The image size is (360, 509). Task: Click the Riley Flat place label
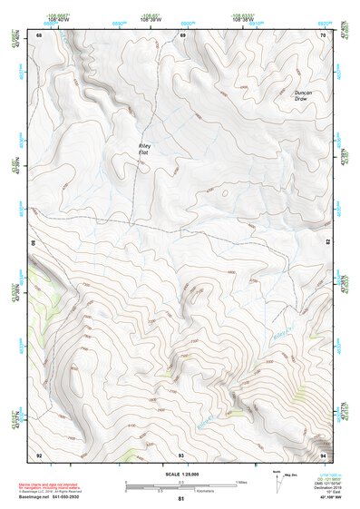[143, 149]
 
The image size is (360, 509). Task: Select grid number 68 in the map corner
[39, 34]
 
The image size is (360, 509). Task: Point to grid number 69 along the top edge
[182, 34]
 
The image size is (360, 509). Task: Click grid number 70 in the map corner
[323, 34]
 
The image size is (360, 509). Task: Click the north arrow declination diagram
[277, 480]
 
